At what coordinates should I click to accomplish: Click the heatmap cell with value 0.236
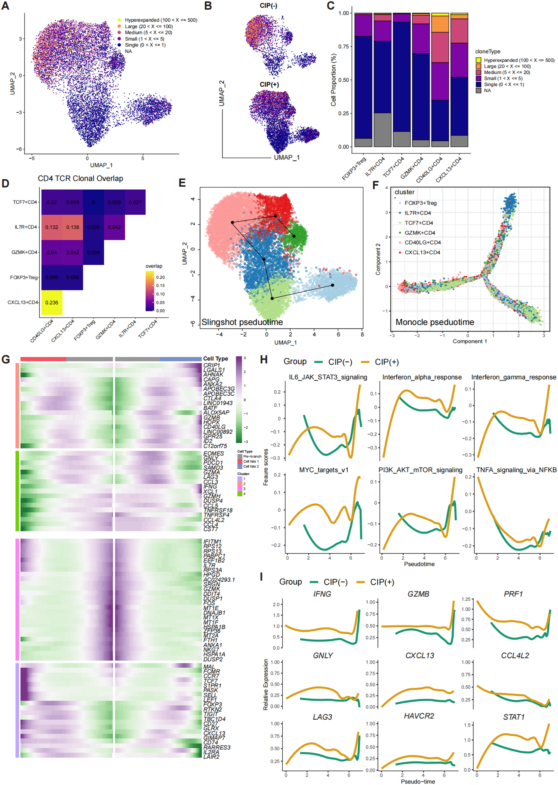point(52,302)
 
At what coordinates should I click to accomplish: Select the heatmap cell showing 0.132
point(52,227)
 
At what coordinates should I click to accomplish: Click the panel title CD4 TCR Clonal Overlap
point(80,178)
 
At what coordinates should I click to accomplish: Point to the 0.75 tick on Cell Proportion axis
point(343,46)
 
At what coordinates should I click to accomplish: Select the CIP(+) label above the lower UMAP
point(269,84)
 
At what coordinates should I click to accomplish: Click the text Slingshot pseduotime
point(242,322)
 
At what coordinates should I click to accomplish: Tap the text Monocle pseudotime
point(435,322)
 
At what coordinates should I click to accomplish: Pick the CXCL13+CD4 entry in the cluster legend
point(422,252)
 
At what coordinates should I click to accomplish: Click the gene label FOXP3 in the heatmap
point(212,704)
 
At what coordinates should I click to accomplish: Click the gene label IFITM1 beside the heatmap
point(212,541)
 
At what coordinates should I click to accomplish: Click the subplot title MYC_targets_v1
point(324,470)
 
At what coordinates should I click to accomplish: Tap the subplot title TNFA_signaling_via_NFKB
point(516,470)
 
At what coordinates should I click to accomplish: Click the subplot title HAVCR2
point(419,716)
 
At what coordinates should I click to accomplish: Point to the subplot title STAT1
point(513,717)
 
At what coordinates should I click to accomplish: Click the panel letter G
point(6,359)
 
